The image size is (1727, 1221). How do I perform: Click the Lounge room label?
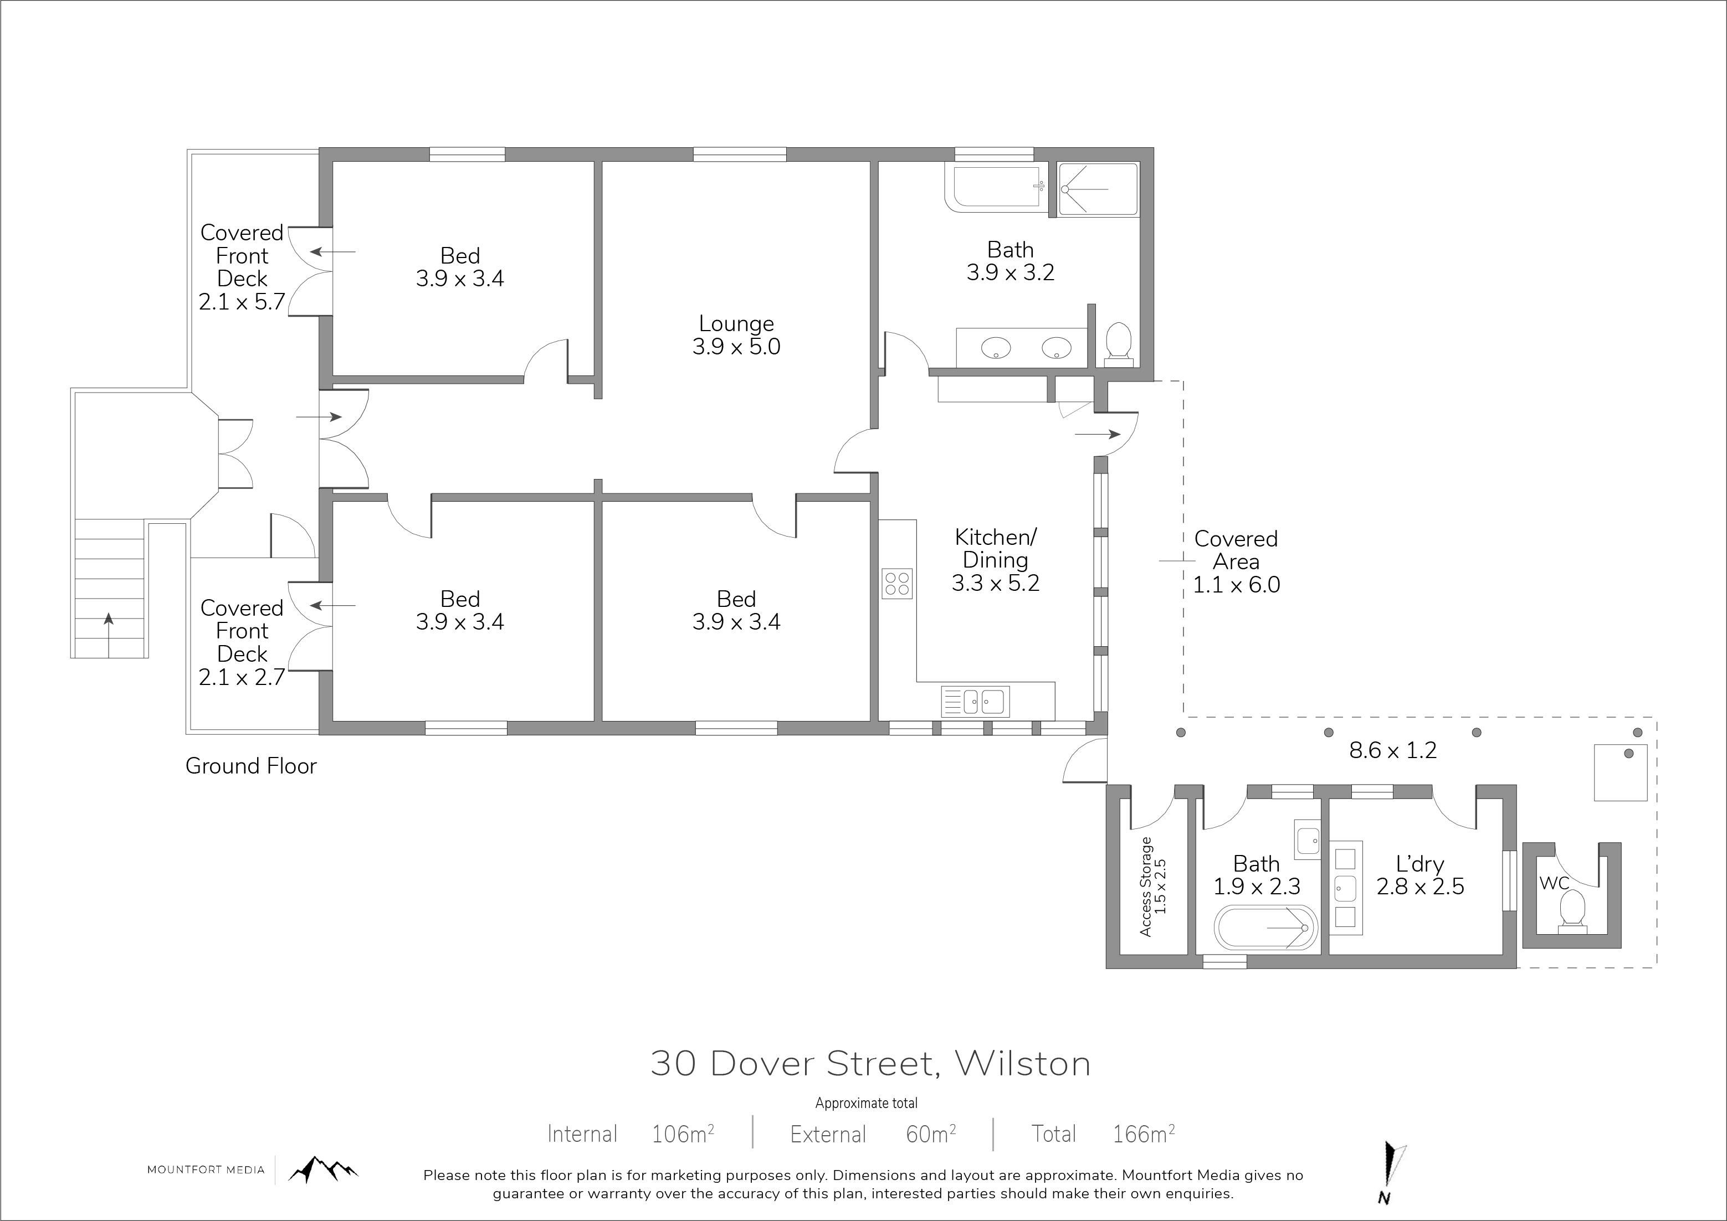[736, 334]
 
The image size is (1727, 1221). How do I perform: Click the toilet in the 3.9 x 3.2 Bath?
[1119, 344]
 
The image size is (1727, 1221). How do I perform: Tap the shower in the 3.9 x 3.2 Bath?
[1098, 189]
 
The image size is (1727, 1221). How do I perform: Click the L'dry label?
[1420, 875]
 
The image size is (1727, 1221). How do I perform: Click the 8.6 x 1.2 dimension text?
[1392, 750]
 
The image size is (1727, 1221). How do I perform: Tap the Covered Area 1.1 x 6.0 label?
[1236, 561]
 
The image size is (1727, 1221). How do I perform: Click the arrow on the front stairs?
[109, 635]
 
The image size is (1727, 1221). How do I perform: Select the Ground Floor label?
[251, 766]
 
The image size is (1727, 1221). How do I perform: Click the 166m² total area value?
[1144, 1134]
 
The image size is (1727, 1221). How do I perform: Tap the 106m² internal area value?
[682, 1134]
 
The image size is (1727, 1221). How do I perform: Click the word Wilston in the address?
[1022, 1064]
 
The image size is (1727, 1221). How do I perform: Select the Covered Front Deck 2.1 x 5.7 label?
[242, 267]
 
